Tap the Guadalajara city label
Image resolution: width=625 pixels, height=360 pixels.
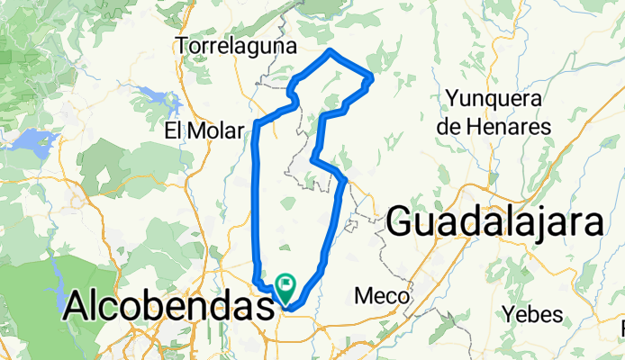tap(495, 220)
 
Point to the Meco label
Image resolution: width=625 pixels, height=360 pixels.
tap(383, 295)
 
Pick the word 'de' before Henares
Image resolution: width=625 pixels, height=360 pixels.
tap(448, 127)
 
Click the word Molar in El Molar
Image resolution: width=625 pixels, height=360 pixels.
tap(217, 131)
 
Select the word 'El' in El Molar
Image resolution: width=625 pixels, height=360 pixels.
tap(176, 131)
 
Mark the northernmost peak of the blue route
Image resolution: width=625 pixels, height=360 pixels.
tap(331, 49)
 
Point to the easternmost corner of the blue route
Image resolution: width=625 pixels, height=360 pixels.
tap(371, 81)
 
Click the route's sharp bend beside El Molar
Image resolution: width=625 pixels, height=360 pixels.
tap(258, 121)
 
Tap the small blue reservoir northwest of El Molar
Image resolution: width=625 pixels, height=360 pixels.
tap(149, 92)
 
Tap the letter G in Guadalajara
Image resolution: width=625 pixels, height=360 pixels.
tap(403, 221)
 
